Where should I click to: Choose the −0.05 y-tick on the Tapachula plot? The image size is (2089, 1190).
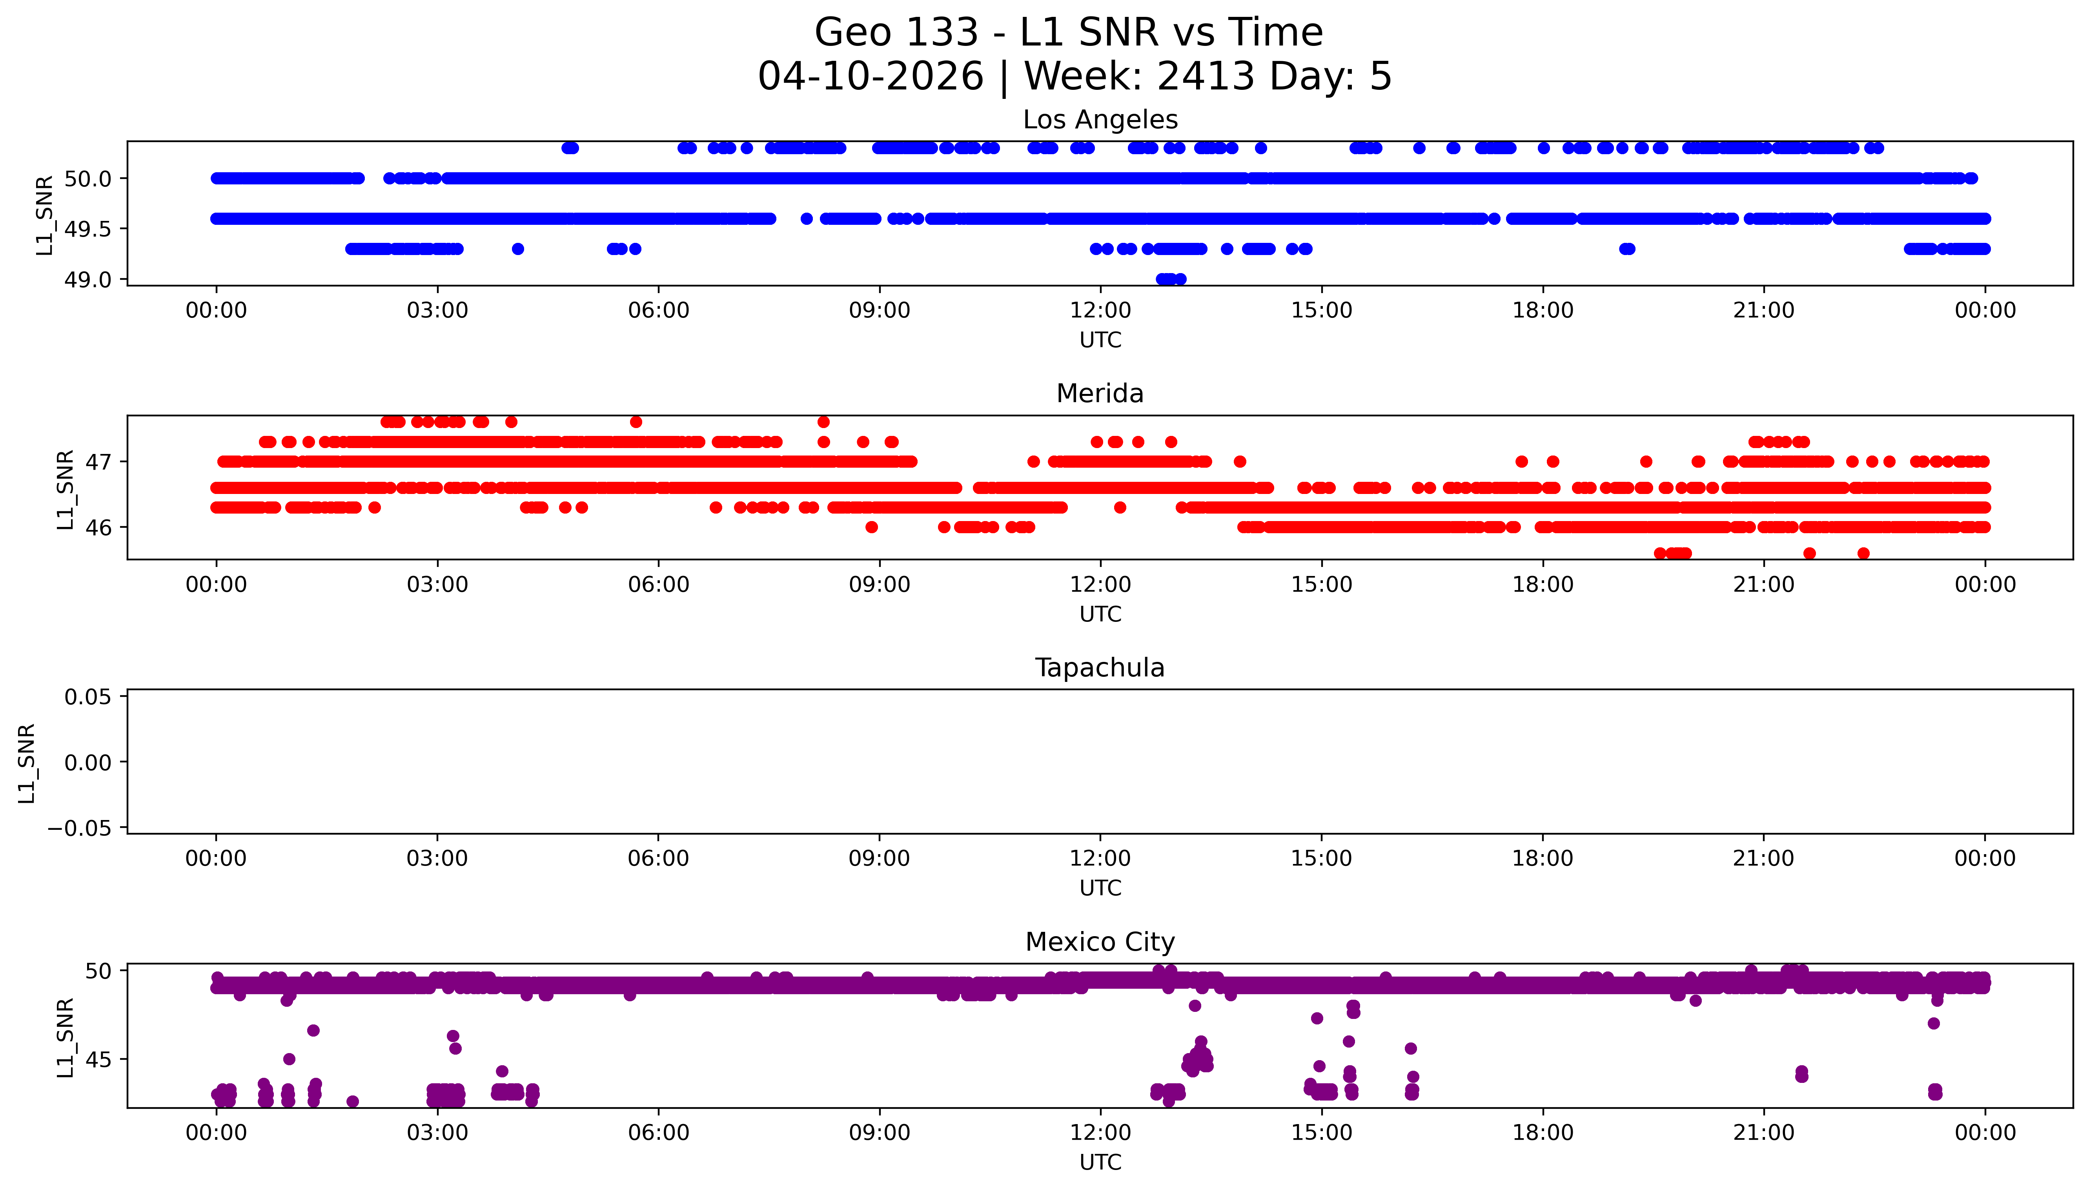pyautogui.click(x=79, y=828)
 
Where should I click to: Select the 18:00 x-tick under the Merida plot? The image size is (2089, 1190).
pyautogui.click(x=1543, y=584)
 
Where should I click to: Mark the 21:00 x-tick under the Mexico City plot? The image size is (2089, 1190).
pyautogui.click(x=1763, y=1133)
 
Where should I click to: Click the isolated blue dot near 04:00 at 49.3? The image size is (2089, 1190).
pyautogui.click(x=517, y=248)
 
